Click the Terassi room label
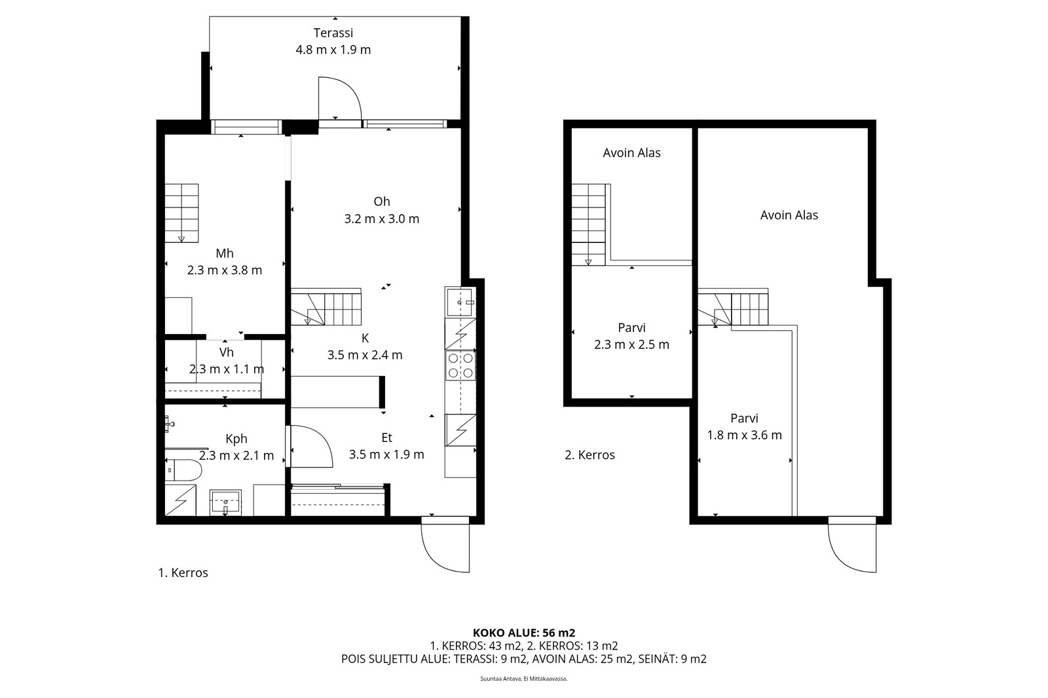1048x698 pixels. pyautogui.click(x=333, y=33)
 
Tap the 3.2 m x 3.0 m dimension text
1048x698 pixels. pyautogui.click(x=382, y=219)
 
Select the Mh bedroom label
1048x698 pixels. pyautogui.click(x=225, y=253)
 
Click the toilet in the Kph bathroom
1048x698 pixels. pyautogui.click(x=183, y=469)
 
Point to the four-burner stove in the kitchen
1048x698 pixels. pyautogui.click(x=460, y=365)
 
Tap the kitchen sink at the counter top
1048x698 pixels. pyautogui.click(x=459, y=303)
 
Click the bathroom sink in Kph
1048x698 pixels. pyautogui.click(x=225, y=502)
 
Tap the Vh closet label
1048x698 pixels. pyautogui.click(x=227, y=352)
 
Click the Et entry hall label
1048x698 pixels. pyautogui.click(x=386, y=438)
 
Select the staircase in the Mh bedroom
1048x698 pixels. pyautogui.click(x=181, y=213)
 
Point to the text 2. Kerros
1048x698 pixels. pyautogui.click(x=589, y=454)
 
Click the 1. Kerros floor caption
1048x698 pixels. pyautogui.click(x=183, y=573)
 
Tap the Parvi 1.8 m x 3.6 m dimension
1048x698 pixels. pyautogui.click(x=744, y=435)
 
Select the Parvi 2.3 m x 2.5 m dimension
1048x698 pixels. pyautogui.click(x=631, y=345)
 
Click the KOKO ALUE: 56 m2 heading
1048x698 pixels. pyautogui.click(x=524, y=633)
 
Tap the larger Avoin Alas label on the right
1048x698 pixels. pyautogui.click(x=789, y=215)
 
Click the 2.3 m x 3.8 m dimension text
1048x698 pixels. pyautogui.click(x=225, y=270)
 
